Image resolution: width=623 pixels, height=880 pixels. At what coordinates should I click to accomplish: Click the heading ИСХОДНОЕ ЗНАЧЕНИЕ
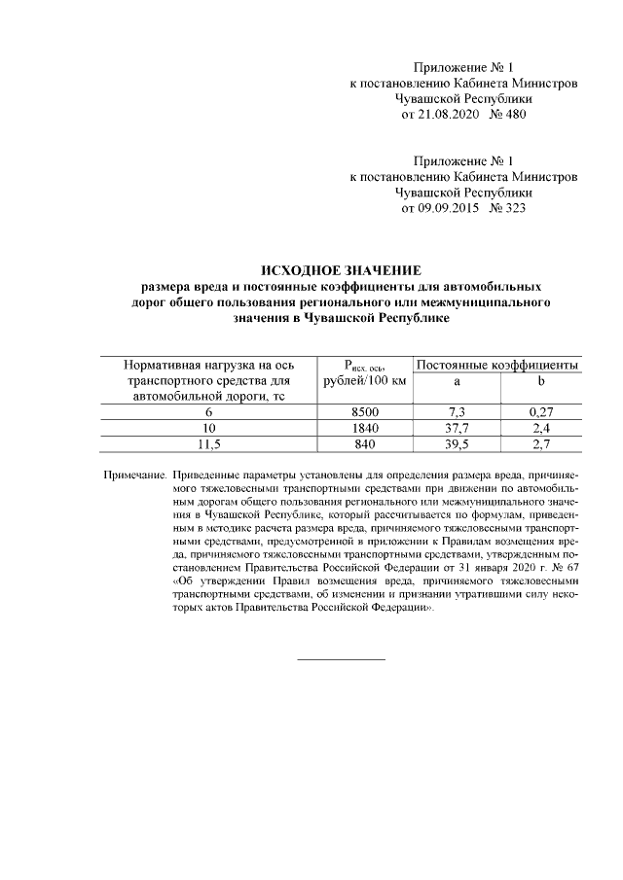[x=340, y=270]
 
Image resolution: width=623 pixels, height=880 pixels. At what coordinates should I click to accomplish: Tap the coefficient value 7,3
[x=457, y=413]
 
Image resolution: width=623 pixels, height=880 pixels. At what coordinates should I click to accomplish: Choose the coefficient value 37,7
[x=457, y=429]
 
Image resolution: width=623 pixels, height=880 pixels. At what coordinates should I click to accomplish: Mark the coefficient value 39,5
[x=457, y=444]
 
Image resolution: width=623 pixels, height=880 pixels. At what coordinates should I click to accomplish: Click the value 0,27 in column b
[x=540, y=413]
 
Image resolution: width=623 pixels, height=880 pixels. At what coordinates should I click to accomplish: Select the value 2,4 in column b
[x=540, y=429]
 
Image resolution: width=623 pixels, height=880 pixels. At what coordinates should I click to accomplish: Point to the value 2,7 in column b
[x=540, y=444]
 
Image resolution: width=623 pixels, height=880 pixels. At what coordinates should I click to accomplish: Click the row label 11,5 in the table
[x=210, y=444]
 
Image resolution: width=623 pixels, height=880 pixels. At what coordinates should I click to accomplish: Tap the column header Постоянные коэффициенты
[x=497, y=364]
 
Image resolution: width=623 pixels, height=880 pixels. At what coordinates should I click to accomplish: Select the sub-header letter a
[x=457, y=381]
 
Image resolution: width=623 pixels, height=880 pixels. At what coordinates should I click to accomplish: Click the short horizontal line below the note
[x=340, y=660]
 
